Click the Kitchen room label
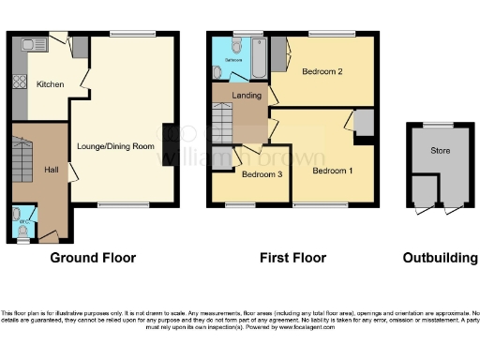click(50, 84)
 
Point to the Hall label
click(52, 170)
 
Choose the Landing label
click(246, 94)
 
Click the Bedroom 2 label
click(321, 71)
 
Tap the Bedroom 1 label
click(332, 172)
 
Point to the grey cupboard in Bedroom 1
click(364, 122)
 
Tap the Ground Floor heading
click(92, 258)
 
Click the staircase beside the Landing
click(221, 122)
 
